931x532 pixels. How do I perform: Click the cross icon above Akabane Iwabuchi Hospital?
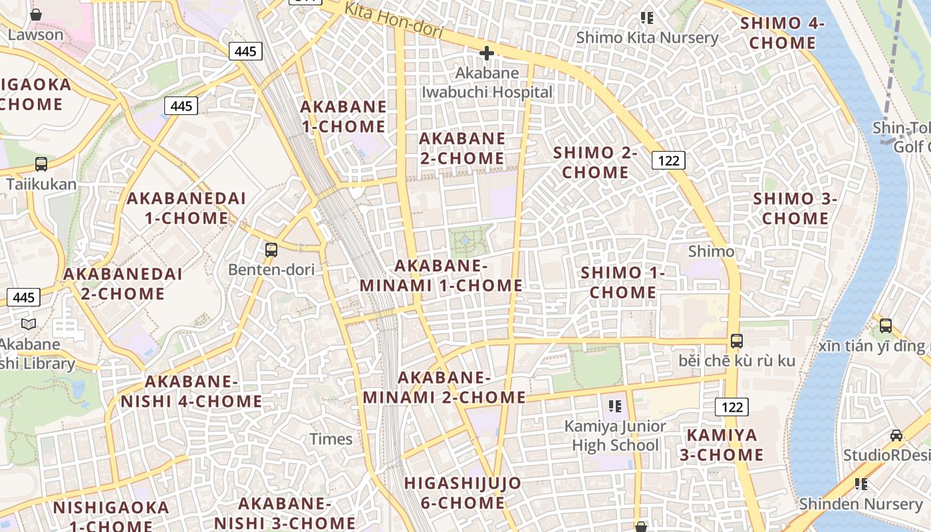click(x=487, y=53)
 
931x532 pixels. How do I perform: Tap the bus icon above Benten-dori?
click(x=271, y=250)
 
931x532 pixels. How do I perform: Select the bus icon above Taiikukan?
click(x=41, y=164)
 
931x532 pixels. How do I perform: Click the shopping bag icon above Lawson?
click(x=36, y=14)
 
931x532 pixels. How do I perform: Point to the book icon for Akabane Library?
click(x=29, y=324)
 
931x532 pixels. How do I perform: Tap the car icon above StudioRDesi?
click(x=896, y=436)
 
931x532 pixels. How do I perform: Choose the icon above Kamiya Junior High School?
click(x=614, y=406)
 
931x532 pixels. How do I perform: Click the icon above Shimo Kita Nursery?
click(x=646, y=17)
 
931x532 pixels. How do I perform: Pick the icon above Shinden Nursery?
click(x=861, y=484)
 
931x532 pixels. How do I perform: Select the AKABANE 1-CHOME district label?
click(x=343, y=116)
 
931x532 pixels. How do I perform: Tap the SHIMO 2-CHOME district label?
click(x=595, y=162)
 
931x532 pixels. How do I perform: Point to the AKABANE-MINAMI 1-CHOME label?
click(x=441, y=276)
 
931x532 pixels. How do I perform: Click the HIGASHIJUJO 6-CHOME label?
click(x=463, y=493)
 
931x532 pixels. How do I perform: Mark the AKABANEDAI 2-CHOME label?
click(x=123, y=283)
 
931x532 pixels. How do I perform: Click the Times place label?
click(x=331, y=439)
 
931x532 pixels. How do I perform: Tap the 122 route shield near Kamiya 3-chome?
click(x=732, y=407)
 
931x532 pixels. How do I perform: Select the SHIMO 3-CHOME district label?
click(x=795, y=208)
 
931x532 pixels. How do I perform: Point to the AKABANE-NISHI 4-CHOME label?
click(x=192, y=392)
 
